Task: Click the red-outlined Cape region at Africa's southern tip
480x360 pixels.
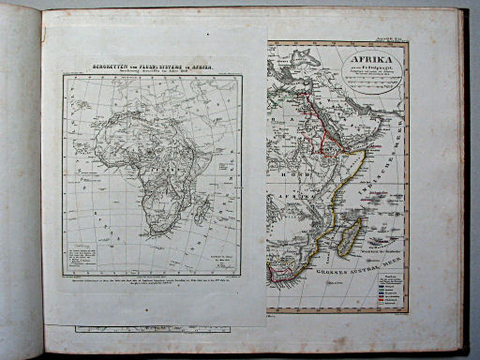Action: [x=278, y=273]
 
